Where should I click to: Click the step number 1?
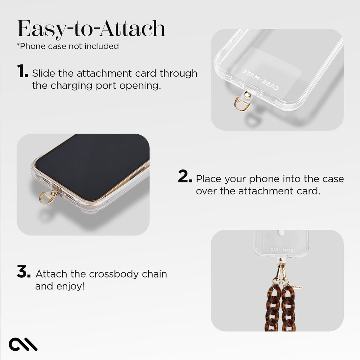pyautogui.click(x=22, y=71)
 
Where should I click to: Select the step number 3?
pyautogui.click(x=23, y=272)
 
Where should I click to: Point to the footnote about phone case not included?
pyautogui.click(x=68, y=46)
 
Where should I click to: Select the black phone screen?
pyautogui.click(x=90, y=162)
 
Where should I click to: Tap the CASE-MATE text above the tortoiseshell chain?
pyautogui.click(x=281, y=249)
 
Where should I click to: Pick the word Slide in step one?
pyautogui.click(x=44, y=73)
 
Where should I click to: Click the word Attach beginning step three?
pyautogui.click(x=51, y=274)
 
